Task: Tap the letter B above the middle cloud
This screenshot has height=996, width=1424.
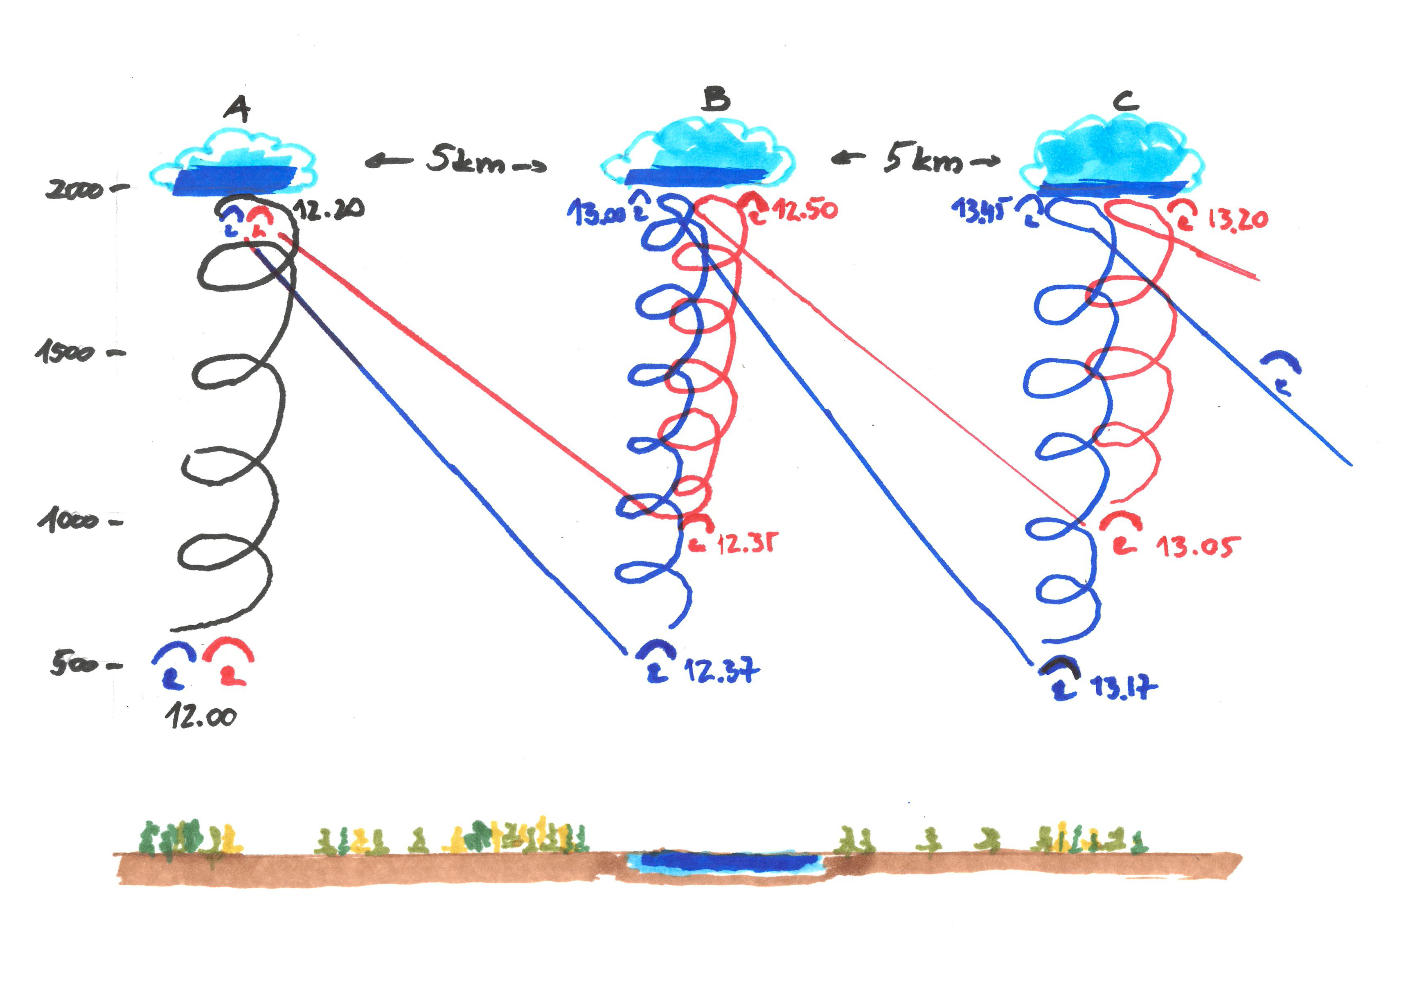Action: point(717,99)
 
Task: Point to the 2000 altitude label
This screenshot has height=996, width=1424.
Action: point(74,189)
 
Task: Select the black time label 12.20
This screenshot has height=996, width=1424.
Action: point(328,210)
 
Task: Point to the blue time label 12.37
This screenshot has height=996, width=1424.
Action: point(721,670)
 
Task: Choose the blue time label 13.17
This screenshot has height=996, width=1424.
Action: point(1123,687)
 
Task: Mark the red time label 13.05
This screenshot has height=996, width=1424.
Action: point(1197,547)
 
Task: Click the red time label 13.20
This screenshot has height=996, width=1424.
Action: point(1237,220)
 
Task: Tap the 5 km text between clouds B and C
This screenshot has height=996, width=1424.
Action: point(923,160)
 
